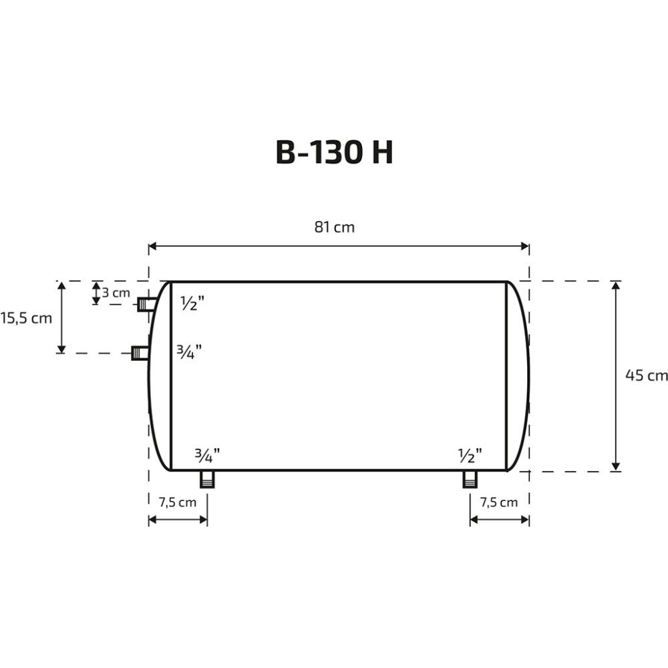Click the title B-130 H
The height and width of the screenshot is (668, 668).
[334, 152]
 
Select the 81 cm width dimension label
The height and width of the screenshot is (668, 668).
[335, 227]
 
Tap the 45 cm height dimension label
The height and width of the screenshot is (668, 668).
[646, 375]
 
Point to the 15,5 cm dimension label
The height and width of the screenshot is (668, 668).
[26, 318]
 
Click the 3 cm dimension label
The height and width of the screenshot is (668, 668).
[116, 293]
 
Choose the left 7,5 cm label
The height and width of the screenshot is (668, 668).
[178, 502]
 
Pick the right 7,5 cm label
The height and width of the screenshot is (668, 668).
[499, 502]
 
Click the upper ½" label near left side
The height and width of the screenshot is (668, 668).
[192, 303]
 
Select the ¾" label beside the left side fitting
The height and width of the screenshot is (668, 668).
[189, 352]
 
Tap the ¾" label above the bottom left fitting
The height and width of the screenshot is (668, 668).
[208, 456]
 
